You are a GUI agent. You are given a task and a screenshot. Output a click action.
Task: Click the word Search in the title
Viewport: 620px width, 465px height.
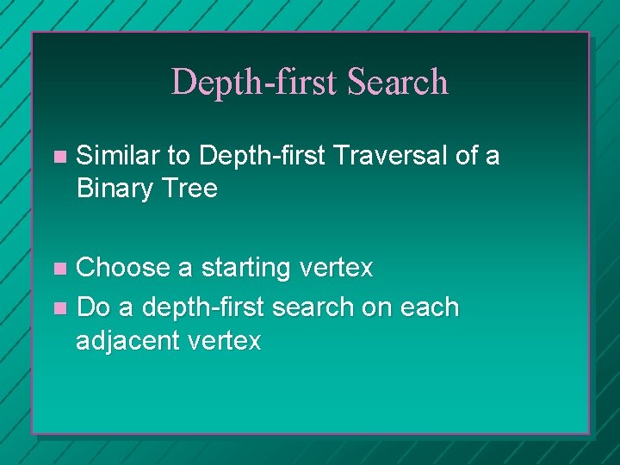[x=398, y=83]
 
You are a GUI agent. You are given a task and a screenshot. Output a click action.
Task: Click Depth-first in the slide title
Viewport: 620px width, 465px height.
[x=256, y=83]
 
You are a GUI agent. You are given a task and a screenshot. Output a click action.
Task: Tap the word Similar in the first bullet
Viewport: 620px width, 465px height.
[x=118, y=156]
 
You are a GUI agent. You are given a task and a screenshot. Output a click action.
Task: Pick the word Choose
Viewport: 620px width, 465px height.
[x=124, y=269]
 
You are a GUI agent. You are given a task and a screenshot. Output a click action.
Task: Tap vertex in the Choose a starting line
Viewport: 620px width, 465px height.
[x=337, y=269]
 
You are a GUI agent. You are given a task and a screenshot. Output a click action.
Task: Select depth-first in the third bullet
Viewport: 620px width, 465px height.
[x=203, y=307]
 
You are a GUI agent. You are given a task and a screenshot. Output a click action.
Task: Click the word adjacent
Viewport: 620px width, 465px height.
[x=128, y=342]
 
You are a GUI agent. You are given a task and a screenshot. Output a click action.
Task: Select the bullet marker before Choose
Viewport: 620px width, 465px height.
[x=59, y=270]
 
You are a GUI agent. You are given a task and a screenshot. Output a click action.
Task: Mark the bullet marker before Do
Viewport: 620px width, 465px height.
[x=59, y=308]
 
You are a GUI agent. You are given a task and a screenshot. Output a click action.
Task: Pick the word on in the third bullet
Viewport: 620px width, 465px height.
[x=376, y=307]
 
